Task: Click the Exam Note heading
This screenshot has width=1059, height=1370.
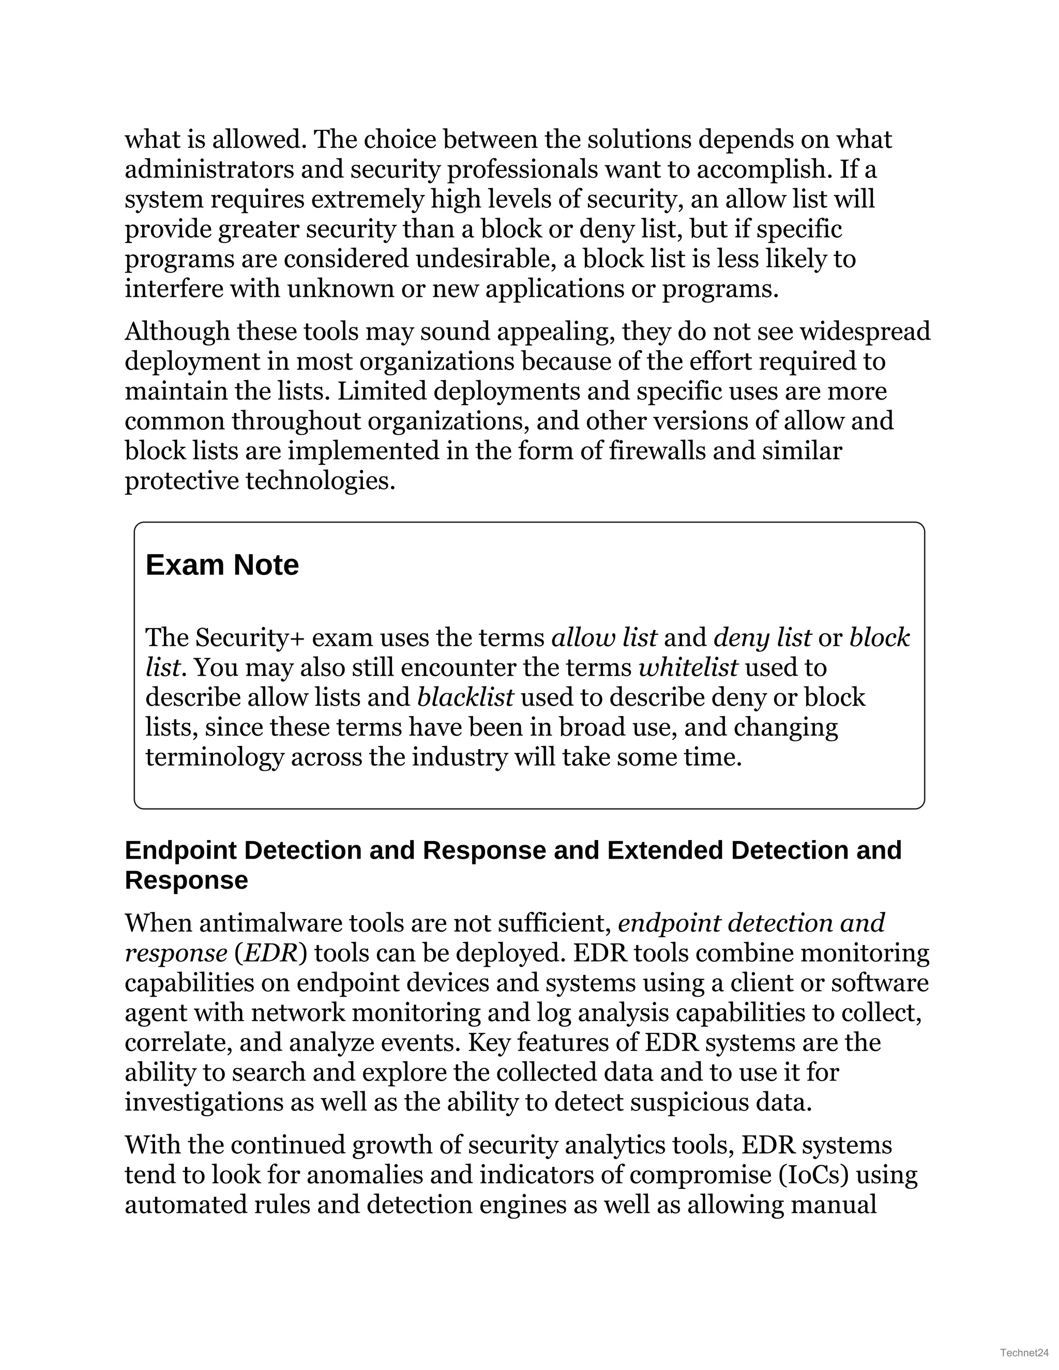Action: [x=222, y=565]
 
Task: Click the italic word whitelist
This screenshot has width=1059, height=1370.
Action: [x=688, y=667]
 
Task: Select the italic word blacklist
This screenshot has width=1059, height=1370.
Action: [x=465, y=697]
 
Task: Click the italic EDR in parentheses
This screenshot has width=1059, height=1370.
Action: [x=270, y=953]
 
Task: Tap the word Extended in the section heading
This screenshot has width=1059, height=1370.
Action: [x=664, y=850]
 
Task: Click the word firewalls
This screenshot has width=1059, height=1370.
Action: [x=658, y=451]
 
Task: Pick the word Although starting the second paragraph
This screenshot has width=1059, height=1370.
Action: [x=177, y=331]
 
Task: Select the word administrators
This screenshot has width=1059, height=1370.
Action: [x=208, y=170]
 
